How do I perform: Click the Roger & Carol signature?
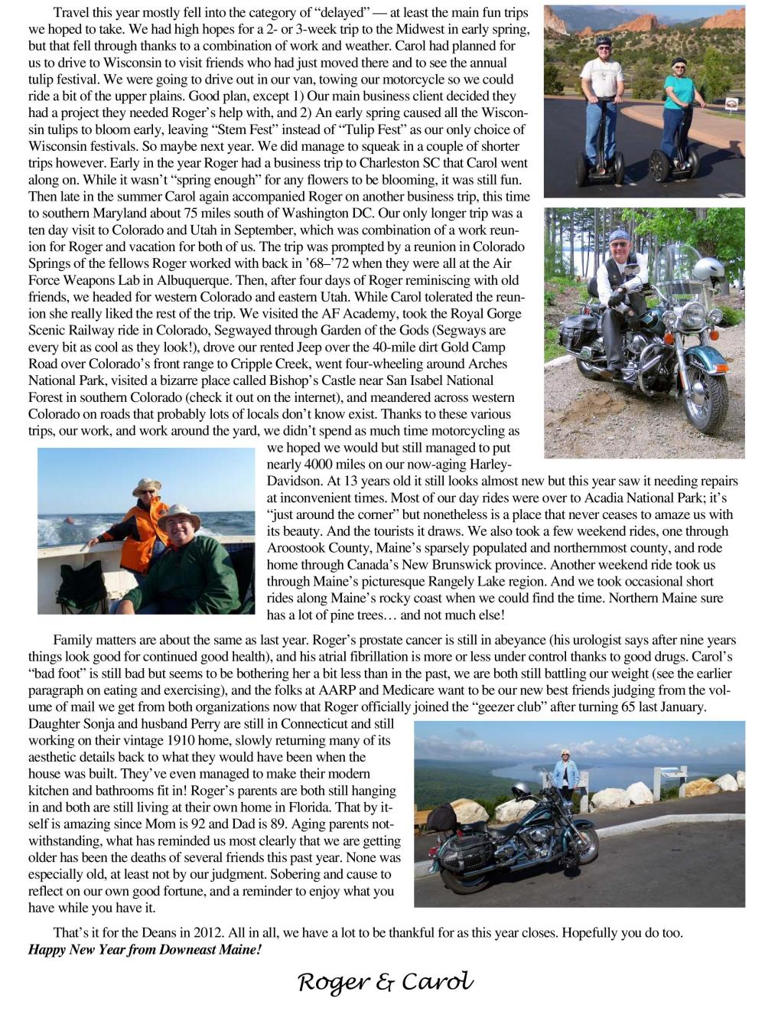tap(386, 982)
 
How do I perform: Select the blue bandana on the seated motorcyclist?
tap(619, 234)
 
